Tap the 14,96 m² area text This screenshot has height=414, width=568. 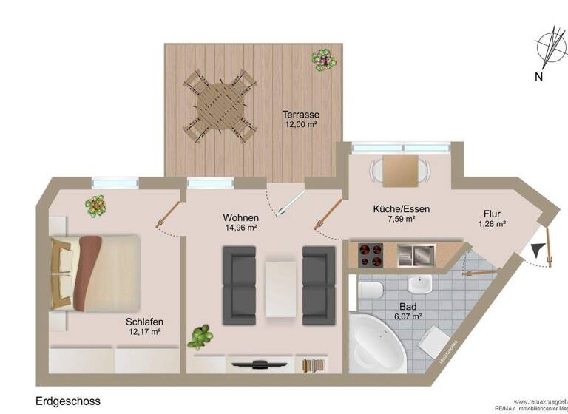[x=241, y=228]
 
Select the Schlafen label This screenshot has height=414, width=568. [x=144, y=322]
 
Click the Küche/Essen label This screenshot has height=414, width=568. [x=402, y=209]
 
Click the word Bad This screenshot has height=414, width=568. [x=408, y=307]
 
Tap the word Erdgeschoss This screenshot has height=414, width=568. [x=68, y=401]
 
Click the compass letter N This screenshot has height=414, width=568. [x=540, y=76]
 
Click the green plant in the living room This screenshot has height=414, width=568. [x=198, y=338]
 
